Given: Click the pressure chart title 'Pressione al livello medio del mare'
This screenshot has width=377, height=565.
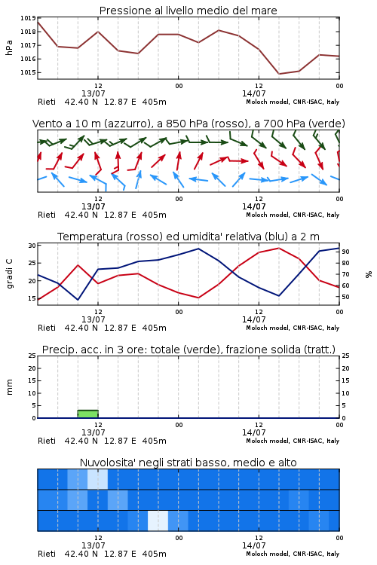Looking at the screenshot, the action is click(x=188, y=11).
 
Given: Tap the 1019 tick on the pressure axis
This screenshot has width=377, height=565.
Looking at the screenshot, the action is click(x=28, y=18).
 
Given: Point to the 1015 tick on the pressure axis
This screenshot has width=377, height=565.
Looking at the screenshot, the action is click(x=28, y=72).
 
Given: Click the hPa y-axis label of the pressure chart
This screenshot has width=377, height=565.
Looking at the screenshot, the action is click(x=9, y=47).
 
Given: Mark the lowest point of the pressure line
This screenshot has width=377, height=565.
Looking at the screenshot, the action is click(x=279, y=74).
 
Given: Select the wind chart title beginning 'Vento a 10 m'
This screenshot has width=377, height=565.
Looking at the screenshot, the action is click(x=188, y=124).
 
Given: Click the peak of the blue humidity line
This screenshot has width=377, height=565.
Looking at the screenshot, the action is click(x=198, y=249).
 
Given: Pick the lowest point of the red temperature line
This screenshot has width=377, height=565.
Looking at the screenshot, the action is click(x=198, y=298).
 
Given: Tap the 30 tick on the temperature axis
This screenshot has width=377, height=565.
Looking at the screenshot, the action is click(x=32, y=246).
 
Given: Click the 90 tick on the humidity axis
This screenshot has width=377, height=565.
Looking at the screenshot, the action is click(x=345, y=252).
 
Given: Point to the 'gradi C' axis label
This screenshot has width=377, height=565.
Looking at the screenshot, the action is click(x=10, y=273).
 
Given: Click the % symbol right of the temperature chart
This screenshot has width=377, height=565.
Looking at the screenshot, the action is click(x=369, y=274).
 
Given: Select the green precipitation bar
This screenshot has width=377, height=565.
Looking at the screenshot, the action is click(x=88, y=414).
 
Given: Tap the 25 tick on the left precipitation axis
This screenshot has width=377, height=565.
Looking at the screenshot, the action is click(x=32, y=356).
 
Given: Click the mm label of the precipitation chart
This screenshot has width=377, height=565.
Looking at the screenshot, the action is click(x=9, y=386).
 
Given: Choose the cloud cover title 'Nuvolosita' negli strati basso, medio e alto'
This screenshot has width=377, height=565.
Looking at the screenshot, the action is click(x=188, y=463).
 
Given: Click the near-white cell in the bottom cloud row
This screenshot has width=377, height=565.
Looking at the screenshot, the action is click(x=158, y=521).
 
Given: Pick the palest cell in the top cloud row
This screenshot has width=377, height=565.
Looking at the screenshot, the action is click(x=97, y=479).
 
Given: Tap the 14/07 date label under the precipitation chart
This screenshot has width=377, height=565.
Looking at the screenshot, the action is click(x=253, y=432).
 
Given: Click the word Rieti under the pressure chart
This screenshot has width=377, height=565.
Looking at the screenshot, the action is click(x=47, y=102).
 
